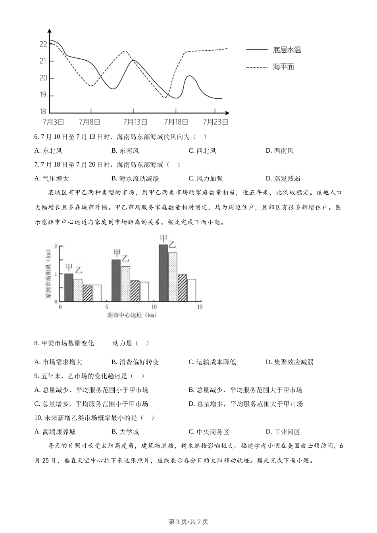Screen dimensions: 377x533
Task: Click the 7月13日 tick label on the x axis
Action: [135, 122]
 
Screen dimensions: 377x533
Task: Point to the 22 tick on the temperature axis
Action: [43, 44]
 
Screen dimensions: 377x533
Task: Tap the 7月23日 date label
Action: [215, 122]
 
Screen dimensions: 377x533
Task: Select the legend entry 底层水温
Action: [287, 50]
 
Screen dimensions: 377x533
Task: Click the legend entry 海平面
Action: [283, 67]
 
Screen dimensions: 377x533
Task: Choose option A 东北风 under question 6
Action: [48, 151]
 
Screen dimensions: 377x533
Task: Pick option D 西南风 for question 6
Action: [280, 151]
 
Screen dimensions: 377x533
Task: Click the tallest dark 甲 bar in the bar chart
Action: [163, 273]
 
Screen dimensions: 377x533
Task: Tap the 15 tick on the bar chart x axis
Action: [199, 307]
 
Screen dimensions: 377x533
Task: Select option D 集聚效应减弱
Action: [289, 362]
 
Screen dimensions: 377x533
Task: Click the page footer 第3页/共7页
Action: [188, 522]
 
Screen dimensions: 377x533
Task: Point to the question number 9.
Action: [37, 376]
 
